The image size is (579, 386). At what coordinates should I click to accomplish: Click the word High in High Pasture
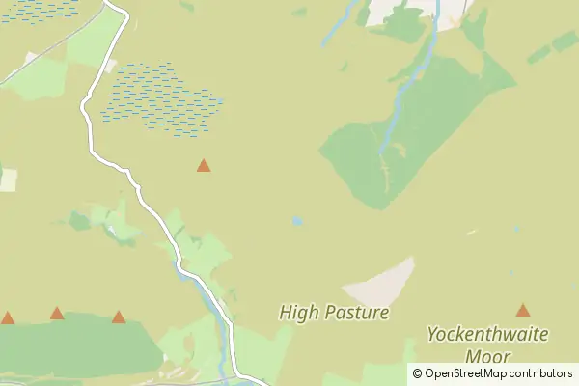(295, 313)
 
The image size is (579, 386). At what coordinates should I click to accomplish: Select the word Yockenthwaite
(487, 335)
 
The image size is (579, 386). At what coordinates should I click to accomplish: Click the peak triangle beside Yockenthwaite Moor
(523, 311)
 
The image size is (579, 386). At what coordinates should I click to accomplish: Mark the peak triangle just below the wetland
(204, 166)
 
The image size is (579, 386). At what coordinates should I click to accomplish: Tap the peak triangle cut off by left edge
(8, 317)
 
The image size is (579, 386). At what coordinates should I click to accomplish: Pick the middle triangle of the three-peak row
(57, 313)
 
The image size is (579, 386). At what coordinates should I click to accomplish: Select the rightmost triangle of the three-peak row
(119, 317)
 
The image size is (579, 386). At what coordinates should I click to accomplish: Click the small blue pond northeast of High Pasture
(297, 221)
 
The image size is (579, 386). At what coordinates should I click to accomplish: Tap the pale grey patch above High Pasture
(381, 284)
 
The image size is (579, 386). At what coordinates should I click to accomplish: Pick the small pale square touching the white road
(110, 67)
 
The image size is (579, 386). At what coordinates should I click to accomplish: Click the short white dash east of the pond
(471, 232)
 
